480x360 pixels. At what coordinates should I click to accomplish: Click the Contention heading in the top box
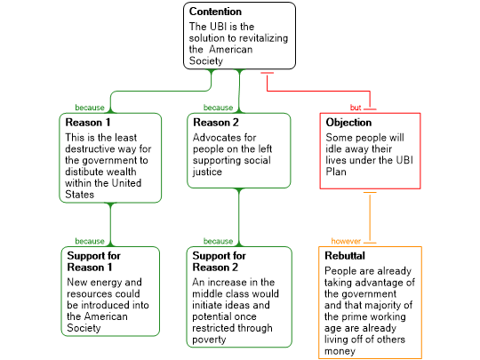click(x=215, y=12)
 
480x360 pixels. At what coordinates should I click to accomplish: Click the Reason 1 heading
click(x=88, y=123)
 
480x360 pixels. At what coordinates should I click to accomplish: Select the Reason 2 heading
click(x=216, y=123)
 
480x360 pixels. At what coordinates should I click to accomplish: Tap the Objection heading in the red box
click(x=348, y=123)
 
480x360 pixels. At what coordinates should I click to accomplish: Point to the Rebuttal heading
click(x=345, y=256)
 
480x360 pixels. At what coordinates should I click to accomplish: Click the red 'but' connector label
click(x=356, y=108)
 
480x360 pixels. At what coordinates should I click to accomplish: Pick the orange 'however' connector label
click(x=346, y=241)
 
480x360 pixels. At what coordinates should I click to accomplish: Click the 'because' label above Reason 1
click(x=90, y=108)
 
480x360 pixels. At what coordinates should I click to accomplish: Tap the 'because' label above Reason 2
click(x=219, y=108)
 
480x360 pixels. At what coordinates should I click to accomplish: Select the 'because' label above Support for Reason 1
click(x=90, y=241)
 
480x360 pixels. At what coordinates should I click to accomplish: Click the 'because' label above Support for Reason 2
click(x=219, y=241)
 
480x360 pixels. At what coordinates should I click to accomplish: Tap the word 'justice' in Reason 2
click(x=207, y=172)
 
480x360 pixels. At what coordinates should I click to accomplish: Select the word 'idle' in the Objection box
click(x=332, y=149)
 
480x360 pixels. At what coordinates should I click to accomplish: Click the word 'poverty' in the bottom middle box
click(x=209, y=340)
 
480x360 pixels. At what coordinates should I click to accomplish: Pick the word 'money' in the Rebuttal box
click(x=340, y=351)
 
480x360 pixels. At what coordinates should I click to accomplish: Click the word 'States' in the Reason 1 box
click(x=80, y=195)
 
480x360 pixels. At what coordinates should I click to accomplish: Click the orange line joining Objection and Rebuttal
click(x=370, y=218)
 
